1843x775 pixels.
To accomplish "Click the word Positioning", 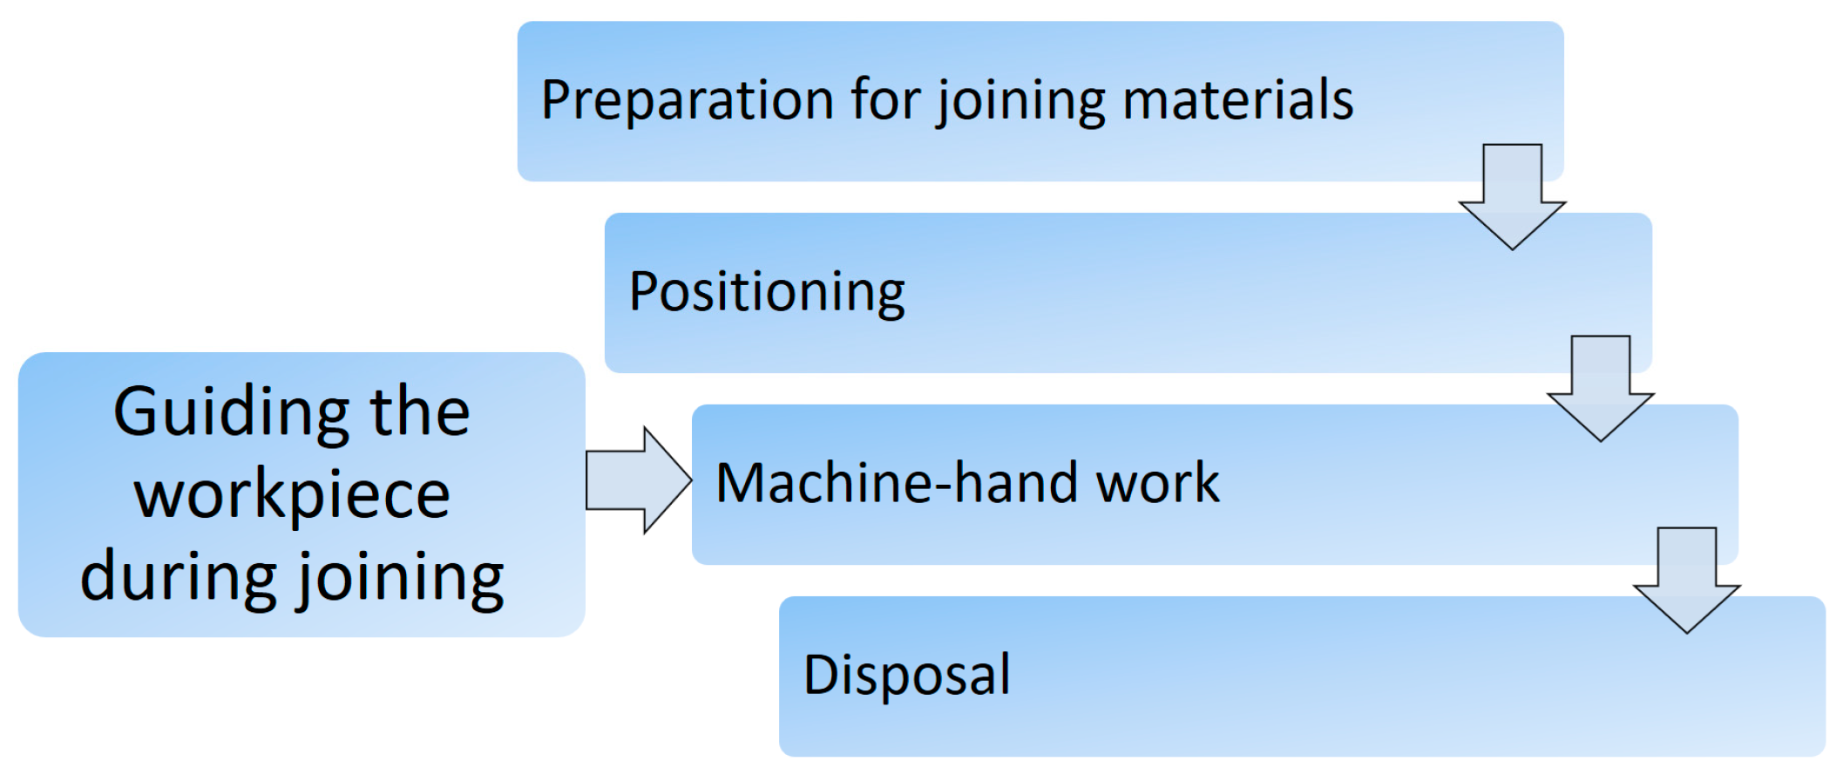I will (x=767, y=292).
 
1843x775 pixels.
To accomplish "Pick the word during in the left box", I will (x=178, y=576).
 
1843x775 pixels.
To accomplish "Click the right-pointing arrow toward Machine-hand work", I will (x=638, y=480).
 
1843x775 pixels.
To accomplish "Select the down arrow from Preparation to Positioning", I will (x=1512, y=198).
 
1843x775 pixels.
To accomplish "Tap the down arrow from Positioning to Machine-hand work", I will (x=1600, y=390).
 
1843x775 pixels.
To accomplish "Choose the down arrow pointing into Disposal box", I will (x=1686, y=581).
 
